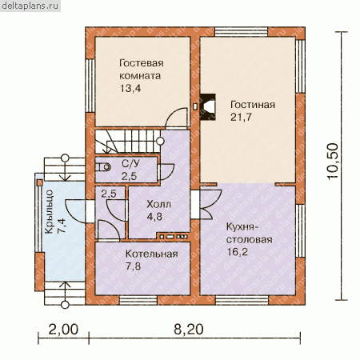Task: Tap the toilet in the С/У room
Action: coord(103,167)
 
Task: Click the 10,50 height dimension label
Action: coord(333,162)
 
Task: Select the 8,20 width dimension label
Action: coord(189,329)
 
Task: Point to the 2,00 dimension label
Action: coord(63,329)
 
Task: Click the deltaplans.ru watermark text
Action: coord(30,6)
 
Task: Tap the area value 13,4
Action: coord(130,88)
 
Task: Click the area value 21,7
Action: coord(241,117)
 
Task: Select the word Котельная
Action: coord(152,254)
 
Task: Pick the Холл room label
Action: coord(158,204)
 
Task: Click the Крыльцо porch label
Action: coord(49,212)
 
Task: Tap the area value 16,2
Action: coord(237,252)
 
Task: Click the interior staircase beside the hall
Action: coord(128,142)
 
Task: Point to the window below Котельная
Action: coord(138,300)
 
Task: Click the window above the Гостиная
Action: coord(242,31)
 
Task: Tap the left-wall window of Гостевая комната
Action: coord(90,86)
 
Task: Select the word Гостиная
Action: coord(253,105)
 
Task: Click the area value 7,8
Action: coord(134,266)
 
